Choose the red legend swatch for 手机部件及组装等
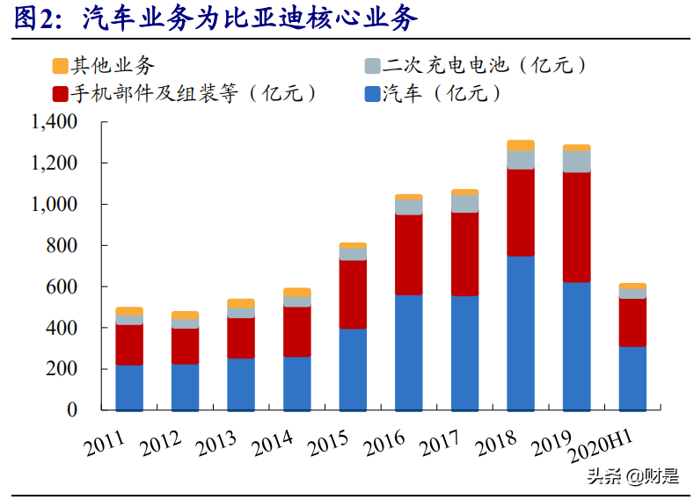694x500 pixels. (x=61, y=93)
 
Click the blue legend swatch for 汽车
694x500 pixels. (x=370, y=93)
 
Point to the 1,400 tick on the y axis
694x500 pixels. (x=54, y=122)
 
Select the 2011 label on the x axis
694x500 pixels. (x=106, y=444)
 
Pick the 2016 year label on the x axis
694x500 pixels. (x=385, y=444)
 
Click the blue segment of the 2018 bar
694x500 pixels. (x=521, y=334)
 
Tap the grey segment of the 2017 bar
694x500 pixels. (x=464, y=203)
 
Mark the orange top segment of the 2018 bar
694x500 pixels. (x=521, y=145)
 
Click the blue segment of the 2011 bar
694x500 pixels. (x=129, y=388)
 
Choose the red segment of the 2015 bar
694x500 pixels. (x=353, y=294)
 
